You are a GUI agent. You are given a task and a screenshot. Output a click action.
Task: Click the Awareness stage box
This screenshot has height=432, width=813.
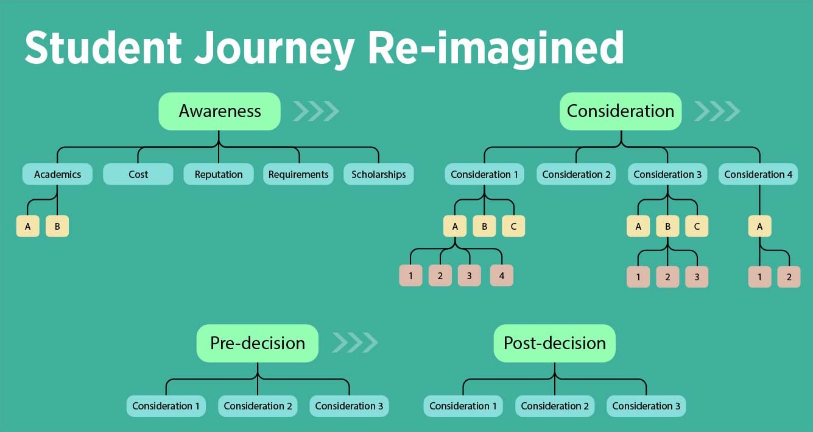[219, 112]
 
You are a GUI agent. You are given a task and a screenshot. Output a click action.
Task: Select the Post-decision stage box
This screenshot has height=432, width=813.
[554, 343]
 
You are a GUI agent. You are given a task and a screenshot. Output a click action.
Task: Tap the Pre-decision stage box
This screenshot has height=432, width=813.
[257, 343]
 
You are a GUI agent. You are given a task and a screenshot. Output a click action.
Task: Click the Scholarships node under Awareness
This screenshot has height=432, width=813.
[378, 174]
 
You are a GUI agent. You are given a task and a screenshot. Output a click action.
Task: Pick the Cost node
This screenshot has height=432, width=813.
[138, 174]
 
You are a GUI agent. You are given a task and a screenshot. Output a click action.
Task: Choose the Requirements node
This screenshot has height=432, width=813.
[298, 174]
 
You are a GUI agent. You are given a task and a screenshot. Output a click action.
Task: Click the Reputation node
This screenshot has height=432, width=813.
[219, 174]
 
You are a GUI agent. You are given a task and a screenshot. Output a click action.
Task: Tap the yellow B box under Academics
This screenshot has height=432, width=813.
[57, 227]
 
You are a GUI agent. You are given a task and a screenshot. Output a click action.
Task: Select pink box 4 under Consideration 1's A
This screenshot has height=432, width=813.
[502, 275]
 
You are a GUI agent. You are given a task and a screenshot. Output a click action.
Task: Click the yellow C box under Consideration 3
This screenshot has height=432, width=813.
[697, 227]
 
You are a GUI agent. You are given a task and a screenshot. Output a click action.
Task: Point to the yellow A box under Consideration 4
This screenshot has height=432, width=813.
[759, 227]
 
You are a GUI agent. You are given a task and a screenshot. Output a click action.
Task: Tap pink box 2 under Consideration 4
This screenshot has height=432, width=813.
[789, 277]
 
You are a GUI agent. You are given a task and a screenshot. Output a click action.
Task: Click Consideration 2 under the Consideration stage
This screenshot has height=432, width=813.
[576, 174]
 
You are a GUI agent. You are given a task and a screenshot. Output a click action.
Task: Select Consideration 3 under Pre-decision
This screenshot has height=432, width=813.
[349, 406]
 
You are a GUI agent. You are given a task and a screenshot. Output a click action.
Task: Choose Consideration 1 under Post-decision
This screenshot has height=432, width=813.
[463, 406]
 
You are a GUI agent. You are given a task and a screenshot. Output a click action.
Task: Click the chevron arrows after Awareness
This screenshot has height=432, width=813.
[315, 112]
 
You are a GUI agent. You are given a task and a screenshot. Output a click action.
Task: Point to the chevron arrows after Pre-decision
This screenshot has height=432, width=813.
[354, 342]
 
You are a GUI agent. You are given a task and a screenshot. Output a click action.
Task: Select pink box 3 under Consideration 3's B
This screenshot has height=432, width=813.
[697, 277]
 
